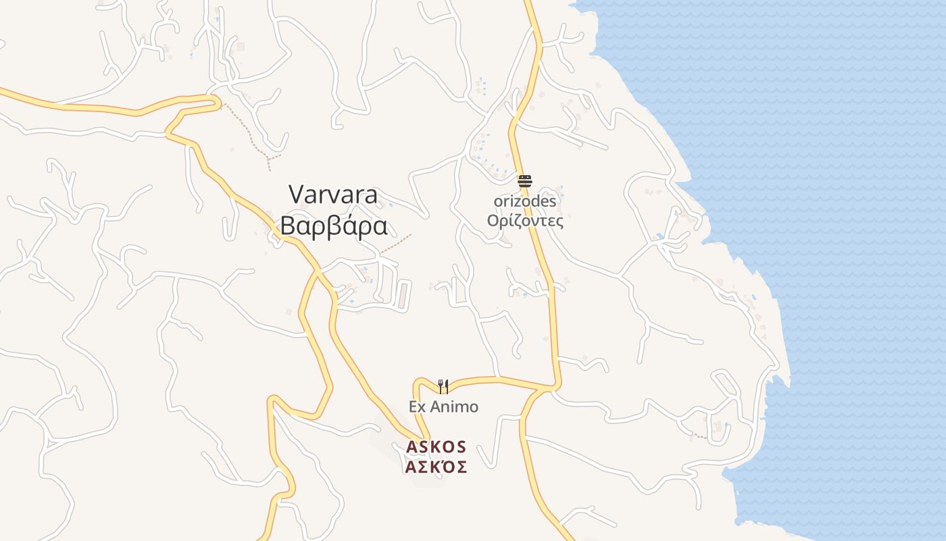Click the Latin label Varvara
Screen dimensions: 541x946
[334, 195]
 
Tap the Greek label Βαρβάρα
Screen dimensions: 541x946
[334, 226]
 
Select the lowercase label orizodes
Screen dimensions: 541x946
[525, 202]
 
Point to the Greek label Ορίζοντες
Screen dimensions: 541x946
[525, 220]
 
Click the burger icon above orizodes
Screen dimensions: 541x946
[525, 181]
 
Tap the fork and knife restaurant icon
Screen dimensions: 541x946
[443, 386]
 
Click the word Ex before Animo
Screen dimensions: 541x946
[417, 407]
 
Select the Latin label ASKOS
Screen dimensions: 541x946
[437, 447]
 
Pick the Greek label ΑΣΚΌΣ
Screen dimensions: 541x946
[437, 467]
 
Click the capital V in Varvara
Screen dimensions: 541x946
[297, 195]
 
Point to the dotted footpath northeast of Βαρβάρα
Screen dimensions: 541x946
[396, 245]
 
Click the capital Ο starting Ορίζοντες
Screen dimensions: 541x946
[493, 220]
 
